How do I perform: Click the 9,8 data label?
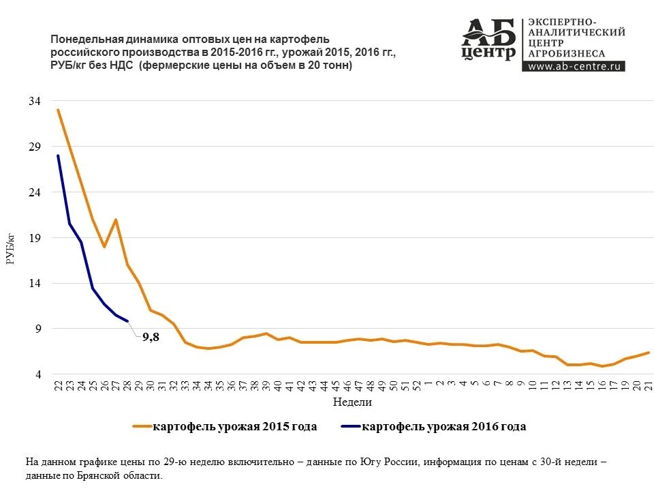[151, 336]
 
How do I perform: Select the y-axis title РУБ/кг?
[10, 249]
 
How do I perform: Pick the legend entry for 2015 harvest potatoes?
[225, 427]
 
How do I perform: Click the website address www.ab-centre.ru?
[575, 66]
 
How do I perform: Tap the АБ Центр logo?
[488, 40]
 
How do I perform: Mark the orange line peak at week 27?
[116, 220]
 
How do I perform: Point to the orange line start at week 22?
[58, 110]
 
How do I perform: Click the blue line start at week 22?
[58, 155]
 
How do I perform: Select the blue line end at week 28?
[127, 321]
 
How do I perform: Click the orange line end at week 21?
[649, 353]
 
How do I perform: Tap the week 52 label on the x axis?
[416, 385]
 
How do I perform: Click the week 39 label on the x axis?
[266, 385]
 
